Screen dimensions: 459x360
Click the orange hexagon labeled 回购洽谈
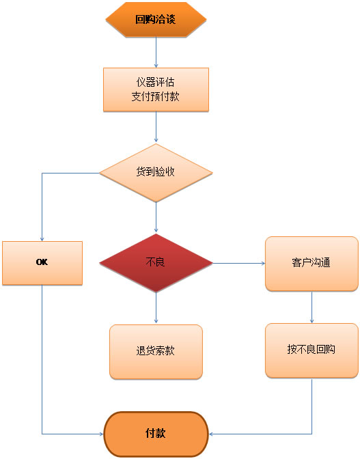click(156, 19)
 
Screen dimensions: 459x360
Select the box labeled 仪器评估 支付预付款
click(156, 89)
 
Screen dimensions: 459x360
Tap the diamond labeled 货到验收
click(156, 172)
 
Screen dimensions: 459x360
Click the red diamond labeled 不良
click(156, 262)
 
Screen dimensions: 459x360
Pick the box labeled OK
click(42, 262)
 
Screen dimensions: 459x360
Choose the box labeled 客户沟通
click(311, 263)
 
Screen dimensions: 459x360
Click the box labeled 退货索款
click(156, 351)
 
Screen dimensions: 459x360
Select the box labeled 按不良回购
click(311, 350)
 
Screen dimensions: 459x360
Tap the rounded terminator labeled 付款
click(156, 434)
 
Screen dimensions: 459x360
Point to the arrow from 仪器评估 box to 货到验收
click(156, 127)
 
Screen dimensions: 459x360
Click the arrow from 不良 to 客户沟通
click(238, 263)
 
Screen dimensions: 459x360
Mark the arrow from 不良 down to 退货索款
click(156, 308)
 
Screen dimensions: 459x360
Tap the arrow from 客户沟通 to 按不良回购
click(312, 307)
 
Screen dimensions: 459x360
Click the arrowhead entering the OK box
click(42, 238)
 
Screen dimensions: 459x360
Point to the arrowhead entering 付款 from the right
click(211, 434)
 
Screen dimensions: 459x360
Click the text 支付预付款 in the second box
click(156, 96)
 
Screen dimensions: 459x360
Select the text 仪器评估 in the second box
click(156, 83)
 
